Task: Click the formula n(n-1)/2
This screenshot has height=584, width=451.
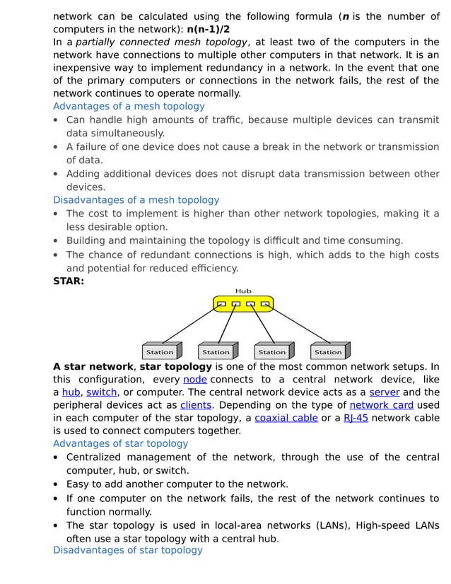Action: (208, 30)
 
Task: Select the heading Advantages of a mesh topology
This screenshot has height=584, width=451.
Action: (129, 106)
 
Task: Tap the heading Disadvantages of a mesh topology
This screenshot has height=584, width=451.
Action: (136, 200)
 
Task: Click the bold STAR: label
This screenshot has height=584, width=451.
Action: (69, 281)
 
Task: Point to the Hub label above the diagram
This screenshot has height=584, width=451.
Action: (242, 291)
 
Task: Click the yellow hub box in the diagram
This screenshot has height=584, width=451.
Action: (242, 304)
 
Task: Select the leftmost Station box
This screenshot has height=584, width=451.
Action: (160, 351)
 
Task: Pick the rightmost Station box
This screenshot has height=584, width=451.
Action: (329, 351)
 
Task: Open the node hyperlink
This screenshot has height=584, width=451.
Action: (194, 380)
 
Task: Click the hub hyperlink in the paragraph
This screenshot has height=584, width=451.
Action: (71, 392)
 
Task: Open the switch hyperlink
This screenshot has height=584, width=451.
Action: (102, 392)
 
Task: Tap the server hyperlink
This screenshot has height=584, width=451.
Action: (384, 392)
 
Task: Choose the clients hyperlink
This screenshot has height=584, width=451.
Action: (196, 405)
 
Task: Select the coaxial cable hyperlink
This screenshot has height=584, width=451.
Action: (286, 418)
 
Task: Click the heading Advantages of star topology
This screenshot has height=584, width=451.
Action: (120, 444)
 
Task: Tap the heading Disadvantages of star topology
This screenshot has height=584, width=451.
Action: (127, 550)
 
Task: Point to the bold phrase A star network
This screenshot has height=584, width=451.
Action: (93, 367)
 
